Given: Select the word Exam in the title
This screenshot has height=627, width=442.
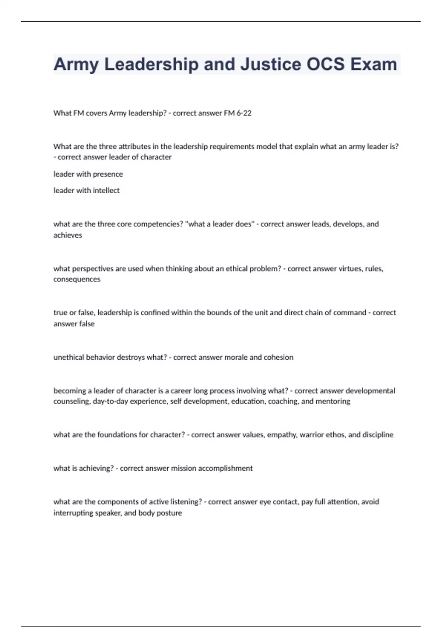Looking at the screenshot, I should (373, 64).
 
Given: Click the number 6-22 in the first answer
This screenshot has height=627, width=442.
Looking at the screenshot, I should (244, 113).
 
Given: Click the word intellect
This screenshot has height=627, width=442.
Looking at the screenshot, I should (106, 191).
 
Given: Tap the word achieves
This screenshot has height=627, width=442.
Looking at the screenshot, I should (68, 235).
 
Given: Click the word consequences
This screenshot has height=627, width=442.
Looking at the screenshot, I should (77, 279).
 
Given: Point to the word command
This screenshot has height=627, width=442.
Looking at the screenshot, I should (348, 313).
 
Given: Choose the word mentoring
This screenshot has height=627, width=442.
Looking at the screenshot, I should (333, 401).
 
